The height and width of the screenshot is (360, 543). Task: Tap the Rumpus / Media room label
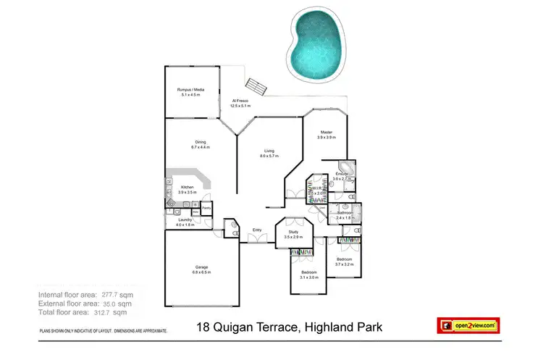[x=191, y=89]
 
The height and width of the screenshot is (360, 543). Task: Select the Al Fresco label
[x=240, y=101]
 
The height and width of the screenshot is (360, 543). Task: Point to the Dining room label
[x=201, y=142]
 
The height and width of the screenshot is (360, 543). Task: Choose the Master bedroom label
[x=327, y=132]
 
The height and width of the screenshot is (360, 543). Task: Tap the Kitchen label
[x=187, y=188]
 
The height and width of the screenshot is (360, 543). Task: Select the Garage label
[x=201, y=267]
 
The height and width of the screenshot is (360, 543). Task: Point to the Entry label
[x=256, y=230]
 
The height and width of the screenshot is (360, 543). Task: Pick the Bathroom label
[x=344, y=213]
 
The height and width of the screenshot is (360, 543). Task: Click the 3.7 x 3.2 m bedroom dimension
[x=344, y=264]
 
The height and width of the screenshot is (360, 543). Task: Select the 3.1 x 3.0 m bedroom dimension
[x=309, y=277]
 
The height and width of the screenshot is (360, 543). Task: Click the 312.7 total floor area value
[x=104, y=313]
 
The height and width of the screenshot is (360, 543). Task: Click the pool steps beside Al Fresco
[x=256, y=85]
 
